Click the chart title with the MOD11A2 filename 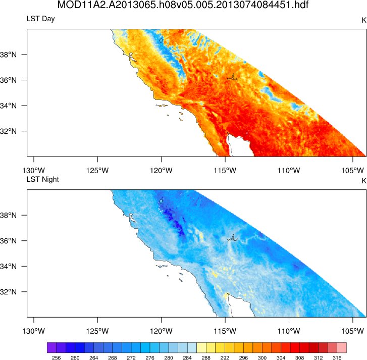183,6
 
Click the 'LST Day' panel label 40,19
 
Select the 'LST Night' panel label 43,180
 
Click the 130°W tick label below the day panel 33,170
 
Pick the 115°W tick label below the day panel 225,170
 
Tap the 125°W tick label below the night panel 97,331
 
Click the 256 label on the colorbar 56,357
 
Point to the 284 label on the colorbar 187,357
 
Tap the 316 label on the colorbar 337,357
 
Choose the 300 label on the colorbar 262,357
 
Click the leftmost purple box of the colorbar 51,348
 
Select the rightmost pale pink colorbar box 342,348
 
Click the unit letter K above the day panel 363,20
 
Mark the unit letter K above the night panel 363,180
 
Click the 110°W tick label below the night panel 289,331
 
